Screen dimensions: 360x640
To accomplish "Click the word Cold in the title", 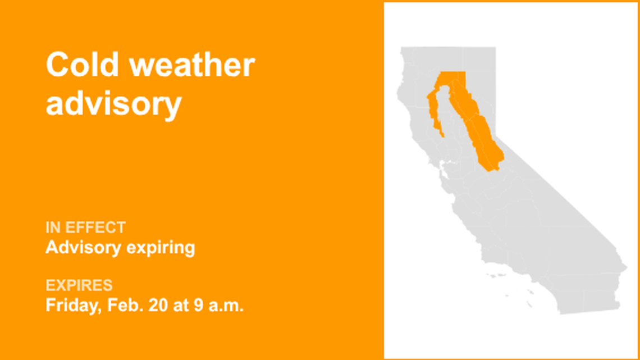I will pos(83,65).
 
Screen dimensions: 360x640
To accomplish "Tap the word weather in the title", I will pos(193,65).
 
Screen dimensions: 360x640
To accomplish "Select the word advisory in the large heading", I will pos(113,103).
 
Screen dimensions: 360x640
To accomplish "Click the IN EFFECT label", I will pos(85,227).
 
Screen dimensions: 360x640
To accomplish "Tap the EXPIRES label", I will pos(79,285).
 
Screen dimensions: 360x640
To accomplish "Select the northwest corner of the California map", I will pos(401,49).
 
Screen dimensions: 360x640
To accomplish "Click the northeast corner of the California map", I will pos(495,48).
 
